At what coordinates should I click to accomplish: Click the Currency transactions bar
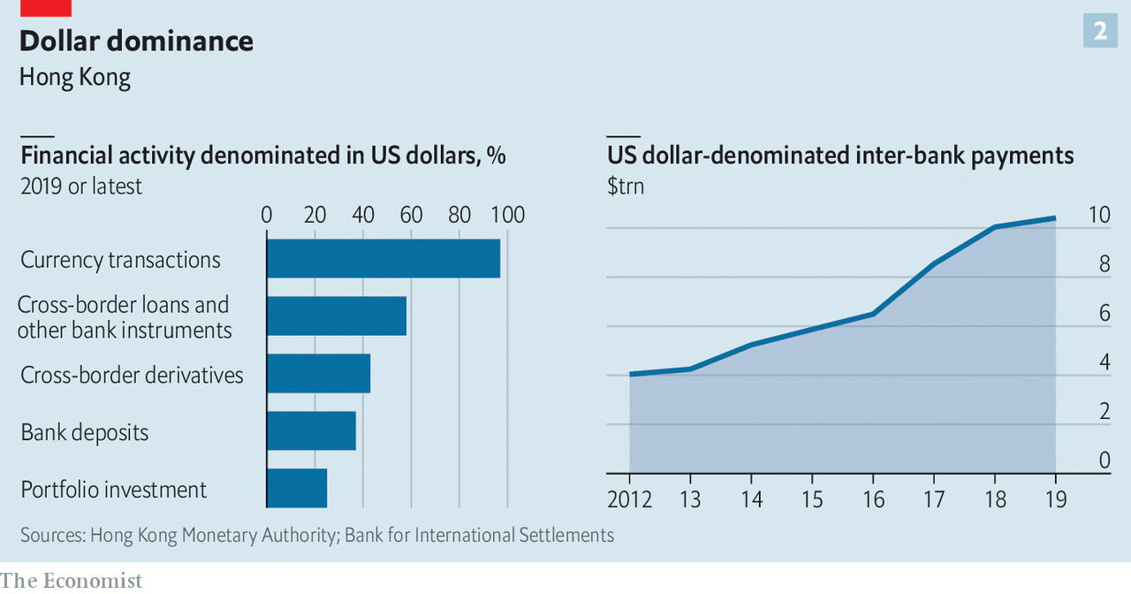pos(383,258)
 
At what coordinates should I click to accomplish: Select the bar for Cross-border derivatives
pos(318,373)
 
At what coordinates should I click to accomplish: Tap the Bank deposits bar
pos(311,430)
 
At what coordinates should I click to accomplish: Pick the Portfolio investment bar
pos(297,488)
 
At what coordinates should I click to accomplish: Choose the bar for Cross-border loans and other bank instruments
pos(337,316)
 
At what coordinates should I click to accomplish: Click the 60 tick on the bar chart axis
pos(411,215)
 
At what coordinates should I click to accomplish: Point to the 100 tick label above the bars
pos(507,215)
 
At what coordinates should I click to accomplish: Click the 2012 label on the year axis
pos(629,499)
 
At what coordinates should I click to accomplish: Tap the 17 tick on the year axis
pos(934,499)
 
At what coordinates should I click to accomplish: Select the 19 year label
pos(1055,499)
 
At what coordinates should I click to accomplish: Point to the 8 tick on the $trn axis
pos(1104,264)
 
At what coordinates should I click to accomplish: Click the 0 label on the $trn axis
pos(1104,460)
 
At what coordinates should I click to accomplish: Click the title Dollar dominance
pos(136,41)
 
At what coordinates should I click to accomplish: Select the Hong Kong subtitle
pos(75,77)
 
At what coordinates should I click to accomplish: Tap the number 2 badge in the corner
pos(1100,31)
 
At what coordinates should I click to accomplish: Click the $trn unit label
pos(626,187)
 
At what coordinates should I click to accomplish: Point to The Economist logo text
pos(72,581)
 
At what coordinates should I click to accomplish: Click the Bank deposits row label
pos(85,432)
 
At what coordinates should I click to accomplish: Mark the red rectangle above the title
pos(45,7)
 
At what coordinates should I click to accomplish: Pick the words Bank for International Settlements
pos(479,535)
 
